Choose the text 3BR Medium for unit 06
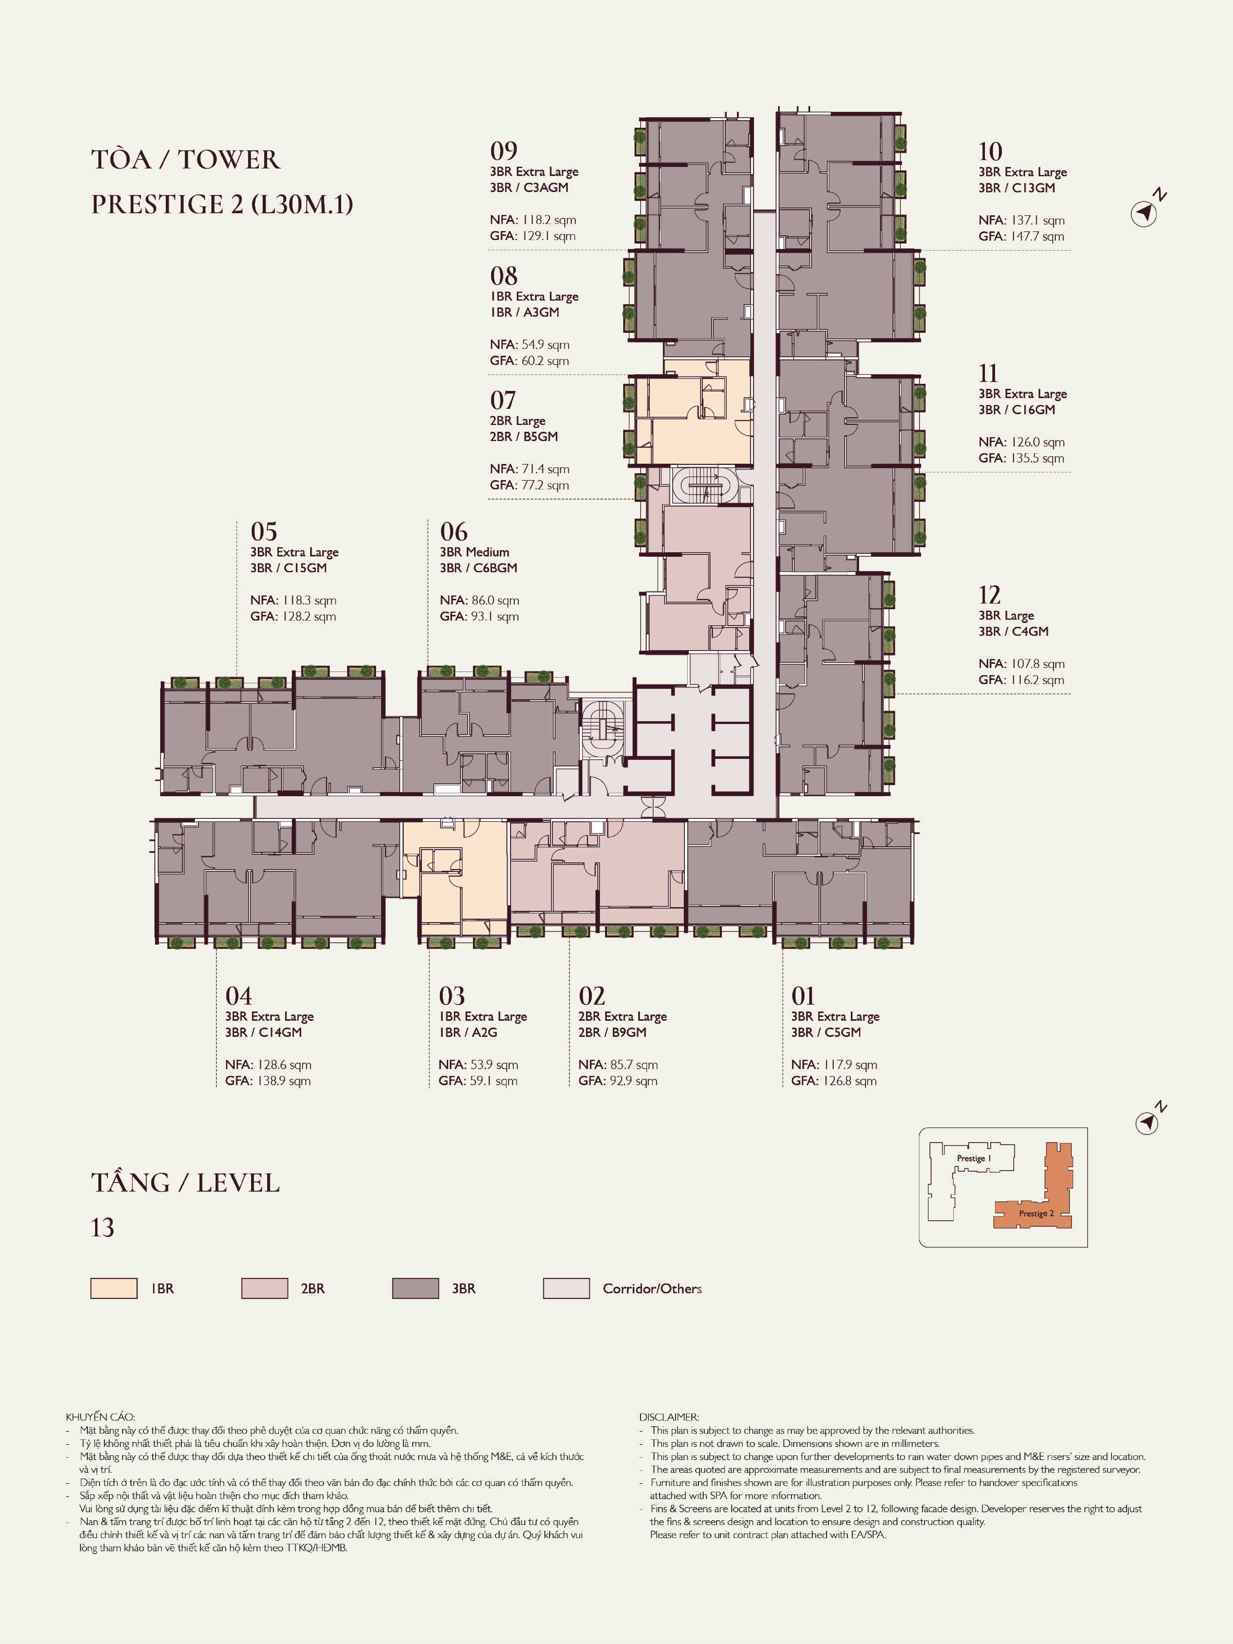(474, 552)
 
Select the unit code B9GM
(629, 1032)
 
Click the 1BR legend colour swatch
(114, 1289)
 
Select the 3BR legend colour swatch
(415, 1289)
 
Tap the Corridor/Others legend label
(652, 1289)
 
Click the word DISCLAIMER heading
(669, 1417)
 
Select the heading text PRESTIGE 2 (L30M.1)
(222, 204)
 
